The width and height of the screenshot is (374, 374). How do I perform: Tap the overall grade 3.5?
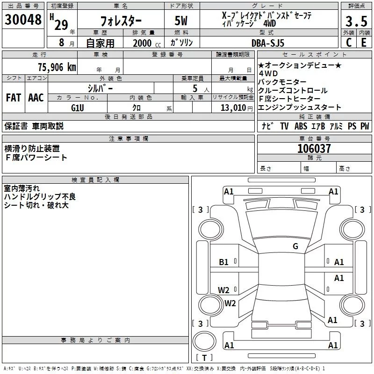(356, 22)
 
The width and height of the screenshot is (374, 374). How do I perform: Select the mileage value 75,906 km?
(57, 67)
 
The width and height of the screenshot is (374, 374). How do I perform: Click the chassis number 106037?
(314, 149)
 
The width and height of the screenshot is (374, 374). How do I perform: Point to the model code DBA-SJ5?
(267, 43)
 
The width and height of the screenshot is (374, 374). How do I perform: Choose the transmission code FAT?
(13, 97)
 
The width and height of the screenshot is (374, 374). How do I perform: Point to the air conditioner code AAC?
(36, 97)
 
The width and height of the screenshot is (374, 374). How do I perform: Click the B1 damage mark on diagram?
(224, 262)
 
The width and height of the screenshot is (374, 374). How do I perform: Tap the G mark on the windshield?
(295, 246)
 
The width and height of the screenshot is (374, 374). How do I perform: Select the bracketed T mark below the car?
(204, 358)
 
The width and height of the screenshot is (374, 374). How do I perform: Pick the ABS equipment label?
(301, 126)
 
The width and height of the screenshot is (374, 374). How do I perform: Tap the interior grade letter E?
(364, 43)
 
